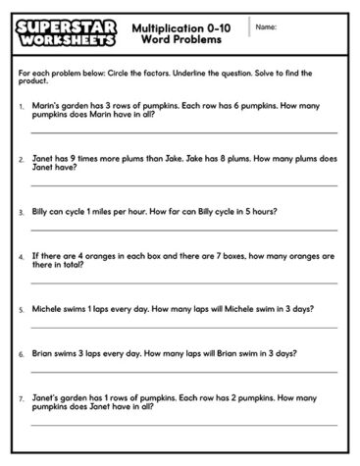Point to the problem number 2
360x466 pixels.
click(22, 157)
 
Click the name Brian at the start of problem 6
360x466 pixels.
click(43, 353)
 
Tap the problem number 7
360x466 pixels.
click(22, 398)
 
